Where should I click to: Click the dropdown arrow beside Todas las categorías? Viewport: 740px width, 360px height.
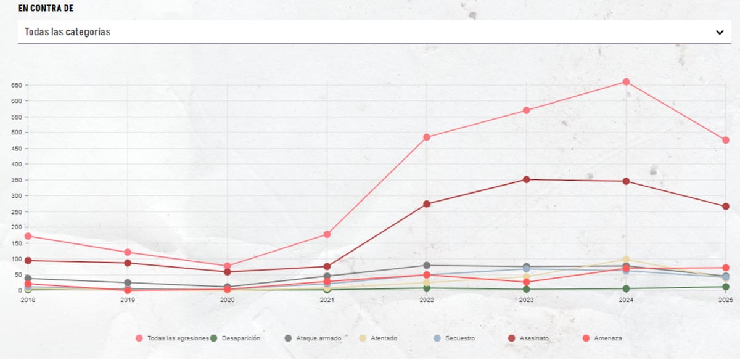[x=719, y=32]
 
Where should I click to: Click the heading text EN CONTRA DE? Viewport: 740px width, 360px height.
[x=46, y=8]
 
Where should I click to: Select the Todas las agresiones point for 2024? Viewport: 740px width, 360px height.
[x=626, y=82]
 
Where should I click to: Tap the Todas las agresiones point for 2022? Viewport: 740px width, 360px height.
[x=427, y=137]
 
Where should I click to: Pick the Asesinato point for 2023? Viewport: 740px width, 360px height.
[x=527, y=179]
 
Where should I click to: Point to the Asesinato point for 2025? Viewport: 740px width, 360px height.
[x=726, y=207]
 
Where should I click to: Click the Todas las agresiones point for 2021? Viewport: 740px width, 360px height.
[x=327, y=234]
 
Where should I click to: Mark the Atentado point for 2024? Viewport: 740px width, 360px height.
[x=626, y=260]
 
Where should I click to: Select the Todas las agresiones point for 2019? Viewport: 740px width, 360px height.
[x=128, y=252]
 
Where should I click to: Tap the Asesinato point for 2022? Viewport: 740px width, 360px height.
[x=427, y=204]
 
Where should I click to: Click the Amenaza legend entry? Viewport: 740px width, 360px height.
[x=604, y=338]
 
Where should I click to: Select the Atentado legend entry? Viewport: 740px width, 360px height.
[x=380, y=338]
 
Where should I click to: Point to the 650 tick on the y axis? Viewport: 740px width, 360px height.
[x=16, y=85]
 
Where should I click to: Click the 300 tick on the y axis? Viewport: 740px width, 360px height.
[x=16, y=196]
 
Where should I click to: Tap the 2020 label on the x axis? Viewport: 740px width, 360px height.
[x=228, y=300]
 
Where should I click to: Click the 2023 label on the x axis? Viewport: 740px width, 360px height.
[x=527, y=300]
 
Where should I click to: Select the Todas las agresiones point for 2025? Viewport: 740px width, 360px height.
[x=726, y=140]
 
